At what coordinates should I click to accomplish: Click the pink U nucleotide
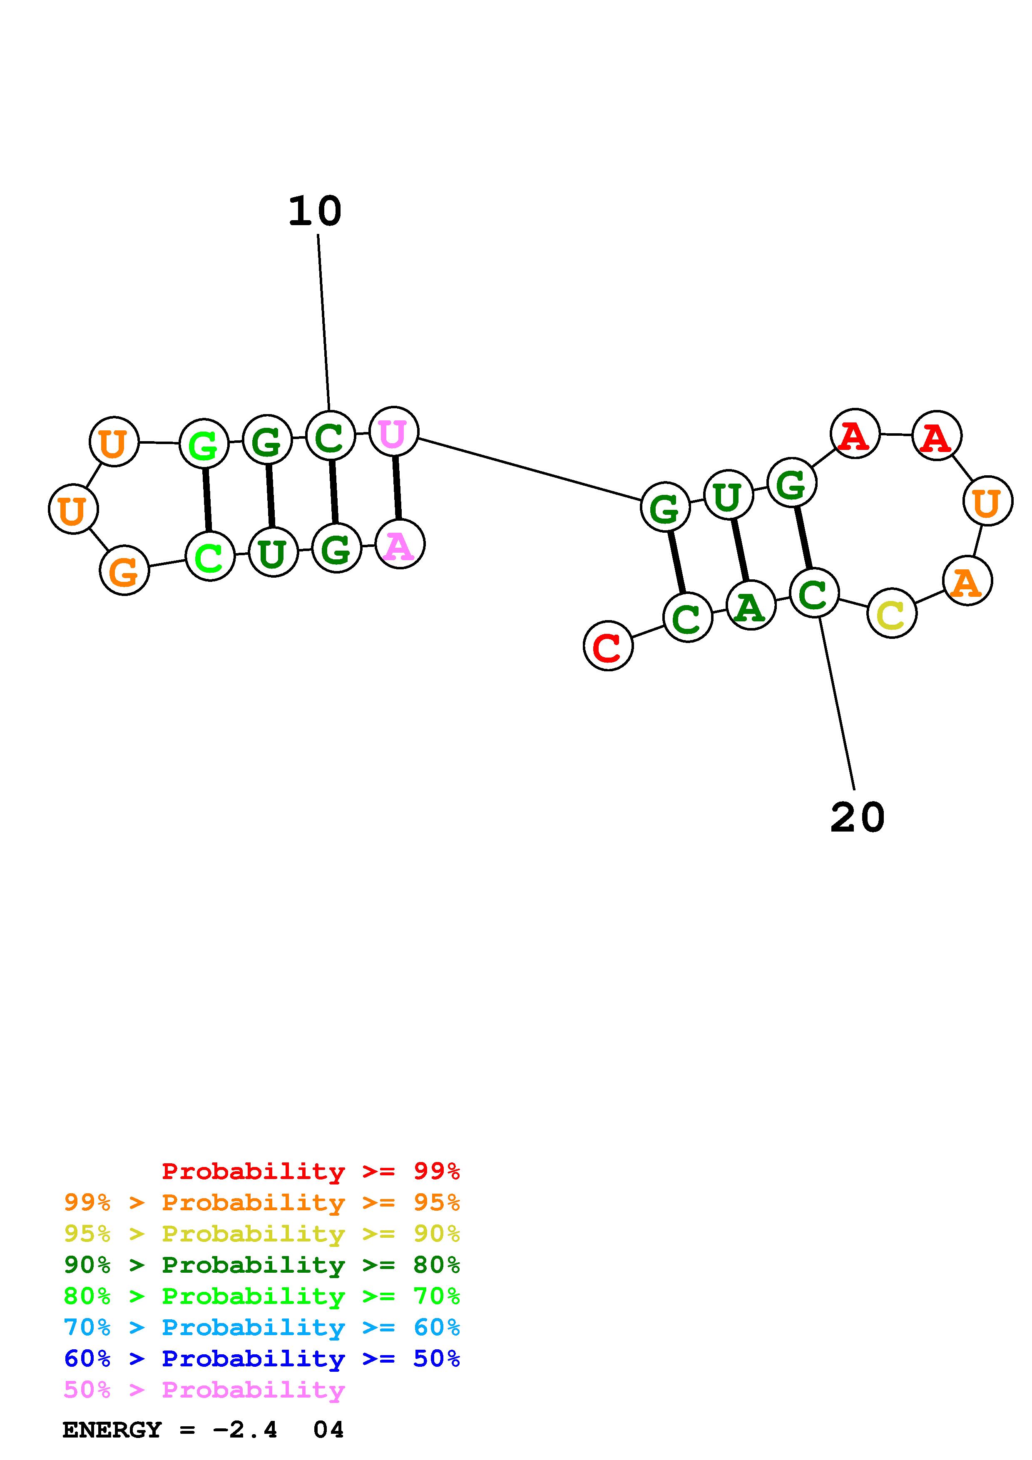(393, 432)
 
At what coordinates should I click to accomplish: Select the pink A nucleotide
(399, 544)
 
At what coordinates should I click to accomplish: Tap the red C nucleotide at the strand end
(608, 646)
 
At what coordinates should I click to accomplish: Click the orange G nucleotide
(124, 571)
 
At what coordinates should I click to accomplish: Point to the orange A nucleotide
(967, 581)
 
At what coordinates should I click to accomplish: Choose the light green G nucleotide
(204, 443)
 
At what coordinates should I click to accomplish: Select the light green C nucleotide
(210, 556)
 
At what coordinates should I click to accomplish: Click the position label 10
(315, 212)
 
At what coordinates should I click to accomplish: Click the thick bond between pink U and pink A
(397, 488)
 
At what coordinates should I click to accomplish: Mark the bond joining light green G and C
(206, 500)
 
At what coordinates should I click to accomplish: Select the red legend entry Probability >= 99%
(311, 1171)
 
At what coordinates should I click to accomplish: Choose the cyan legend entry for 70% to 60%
(262, 1327)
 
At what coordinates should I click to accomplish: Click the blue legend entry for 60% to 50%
(262, 1358)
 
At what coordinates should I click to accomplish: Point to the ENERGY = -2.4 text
(170, 1430)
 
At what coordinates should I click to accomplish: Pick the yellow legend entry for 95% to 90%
(262, 1234)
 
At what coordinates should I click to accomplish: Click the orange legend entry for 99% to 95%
(262, 1202)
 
